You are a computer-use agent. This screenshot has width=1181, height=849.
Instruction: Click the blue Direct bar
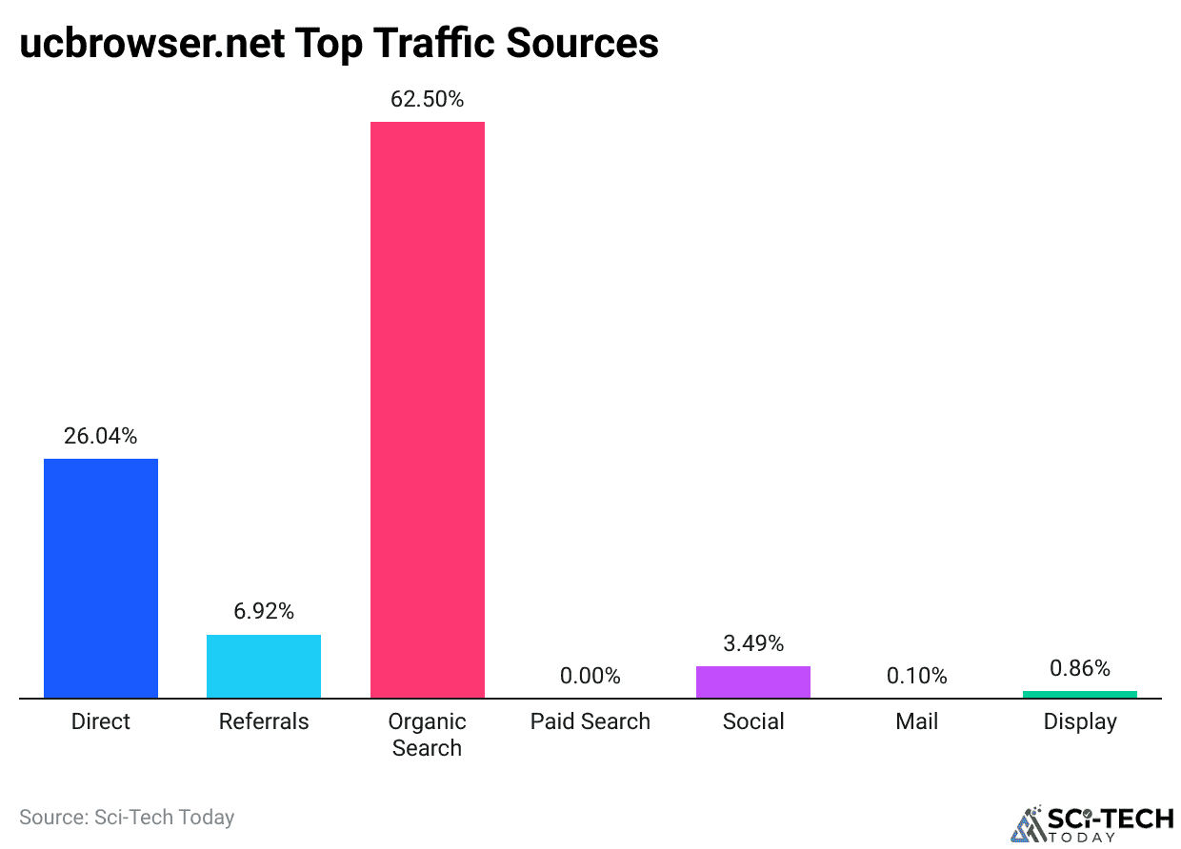click(x=101, y=578)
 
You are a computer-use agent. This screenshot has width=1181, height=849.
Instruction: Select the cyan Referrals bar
click(x=264, y=666)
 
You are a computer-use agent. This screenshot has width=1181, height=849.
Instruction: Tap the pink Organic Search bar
click(x=427, y=409)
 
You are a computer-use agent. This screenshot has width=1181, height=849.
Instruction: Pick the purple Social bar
click(x=753, y=681)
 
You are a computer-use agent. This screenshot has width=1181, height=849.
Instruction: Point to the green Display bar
click(x=1079, y=694)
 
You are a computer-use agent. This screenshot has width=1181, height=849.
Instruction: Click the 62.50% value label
click(x=427, y=99)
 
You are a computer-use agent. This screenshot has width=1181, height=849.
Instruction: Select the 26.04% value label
click(x=101, y=436)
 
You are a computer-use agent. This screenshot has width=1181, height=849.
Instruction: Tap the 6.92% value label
click(x=264, y=611)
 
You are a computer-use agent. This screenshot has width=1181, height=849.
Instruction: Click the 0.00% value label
click(x=590, y=676)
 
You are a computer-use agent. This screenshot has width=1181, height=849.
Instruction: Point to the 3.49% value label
click(x=753, y=643)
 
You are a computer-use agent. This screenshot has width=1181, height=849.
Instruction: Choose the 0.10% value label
click(x=916, y=676)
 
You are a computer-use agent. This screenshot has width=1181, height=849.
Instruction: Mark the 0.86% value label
click(x=1079, y=668)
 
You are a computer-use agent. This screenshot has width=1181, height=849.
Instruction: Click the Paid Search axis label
click(x=590, y=721)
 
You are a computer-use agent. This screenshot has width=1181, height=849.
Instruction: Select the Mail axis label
click(x=916, y=721)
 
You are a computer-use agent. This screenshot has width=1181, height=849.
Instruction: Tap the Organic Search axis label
click(x=427, y=734)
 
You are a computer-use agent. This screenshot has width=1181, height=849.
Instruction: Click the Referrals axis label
click(x=264, y=721)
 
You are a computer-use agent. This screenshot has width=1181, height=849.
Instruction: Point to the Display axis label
click(x=1079, y=721)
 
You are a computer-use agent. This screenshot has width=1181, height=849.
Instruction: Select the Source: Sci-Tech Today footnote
click(x=127, y=817)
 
